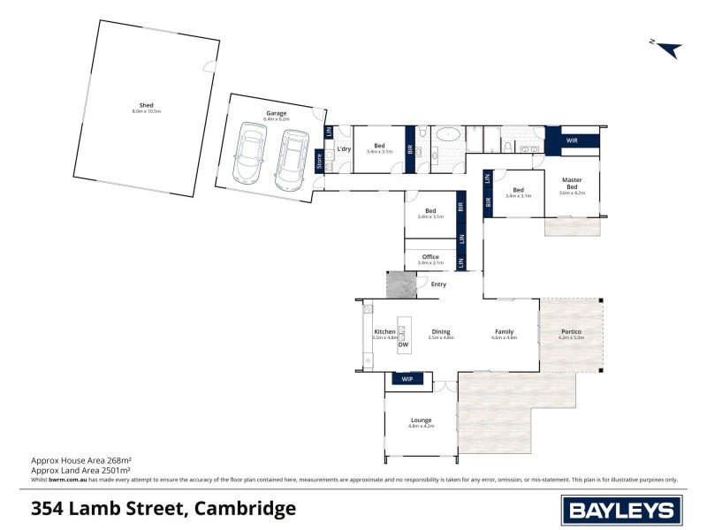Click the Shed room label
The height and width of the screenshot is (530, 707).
click(147, 105)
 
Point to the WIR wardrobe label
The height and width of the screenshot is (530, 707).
click(572, 140)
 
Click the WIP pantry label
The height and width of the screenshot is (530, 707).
click(407, 379)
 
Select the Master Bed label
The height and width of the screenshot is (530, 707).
click(572, 183)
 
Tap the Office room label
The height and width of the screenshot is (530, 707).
click(430, 257)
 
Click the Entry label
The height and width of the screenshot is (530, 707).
click(438, 284)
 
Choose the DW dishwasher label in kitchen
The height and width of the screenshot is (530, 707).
click(403, 344)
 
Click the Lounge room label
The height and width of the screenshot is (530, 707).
click(421, 420)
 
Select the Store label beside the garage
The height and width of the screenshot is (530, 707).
click(319, 161)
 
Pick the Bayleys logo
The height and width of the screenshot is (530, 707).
click(621, 509)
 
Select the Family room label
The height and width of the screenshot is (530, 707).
click(504, 332)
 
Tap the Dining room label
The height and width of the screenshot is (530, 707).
click(440, 332)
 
